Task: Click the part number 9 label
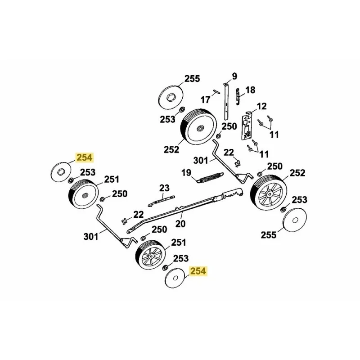tap(234, 76)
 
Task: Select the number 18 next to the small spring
tap(250, 90)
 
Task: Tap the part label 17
tap(205, 100)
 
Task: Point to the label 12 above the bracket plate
tap(261, 106)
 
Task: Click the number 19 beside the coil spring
tap(186, 172)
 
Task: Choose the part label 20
tap(180, 223)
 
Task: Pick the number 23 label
tap(164, 188)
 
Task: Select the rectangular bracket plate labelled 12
tap(246, 126)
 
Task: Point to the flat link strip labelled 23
tap(162, 201)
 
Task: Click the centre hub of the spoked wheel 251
tap(152, 255)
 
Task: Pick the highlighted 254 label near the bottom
tap(198, 271)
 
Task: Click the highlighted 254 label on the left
tap(85, 157)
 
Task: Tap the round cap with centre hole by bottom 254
tap(175, 278)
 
